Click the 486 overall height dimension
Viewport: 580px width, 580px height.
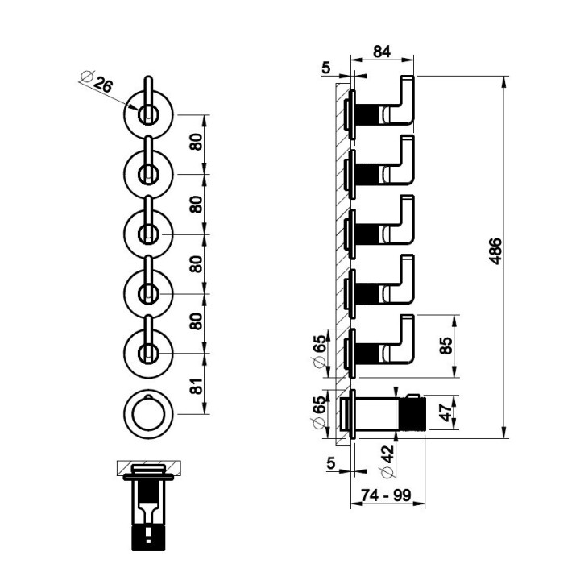pos(495,251)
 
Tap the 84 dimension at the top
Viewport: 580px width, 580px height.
pos(382,52)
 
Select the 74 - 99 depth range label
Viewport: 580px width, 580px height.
pos(386,495)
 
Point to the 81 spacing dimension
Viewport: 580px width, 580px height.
pos(197,386)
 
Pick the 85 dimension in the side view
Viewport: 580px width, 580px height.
pos(447,346)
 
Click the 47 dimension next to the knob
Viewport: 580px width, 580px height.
pos(447,412)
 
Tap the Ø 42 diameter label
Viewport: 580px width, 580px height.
pos(387,461)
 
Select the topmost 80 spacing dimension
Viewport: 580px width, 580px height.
pos(197,142)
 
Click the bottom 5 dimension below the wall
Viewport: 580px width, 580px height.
pos(331,462)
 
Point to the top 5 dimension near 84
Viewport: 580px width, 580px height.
pos(326,68)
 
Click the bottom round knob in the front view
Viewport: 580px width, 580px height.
pos(148,414)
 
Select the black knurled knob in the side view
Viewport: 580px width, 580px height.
pos(412,412)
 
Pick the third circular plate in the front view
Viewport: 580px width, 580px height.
pos(148,234)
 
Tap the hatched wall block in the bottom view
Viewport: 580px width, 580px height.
pos(149,468)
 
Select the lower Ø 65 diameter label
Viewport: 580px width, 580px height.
pos(321,412)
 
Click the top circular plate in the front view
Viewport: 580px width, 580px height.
pos(148,114)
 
